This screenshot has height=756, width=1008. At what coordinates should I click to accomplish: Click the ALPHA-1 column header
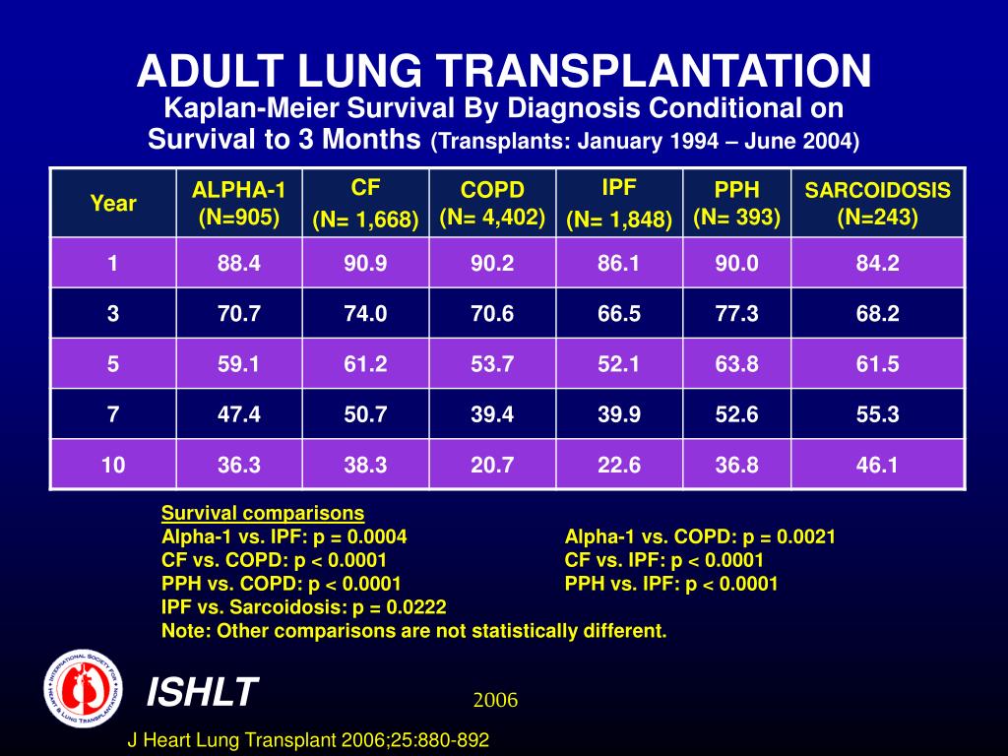pyautogui.click(x=239, y=204)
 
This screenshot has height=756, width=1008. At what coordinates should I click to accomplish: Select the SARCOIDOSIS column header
pyautogui.click(x=878, y=204)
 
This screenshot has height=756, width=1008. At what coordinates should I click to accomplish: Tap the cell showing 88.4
pyautogui.click(x=239, y=264)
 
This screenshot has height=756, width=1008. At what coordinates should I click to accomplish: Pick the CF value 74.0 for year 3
pyautogui.click(x=365, y=314)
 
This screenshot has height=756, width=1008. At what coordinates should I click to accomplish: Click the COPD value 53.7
pyautogui.click(x=492, y=364)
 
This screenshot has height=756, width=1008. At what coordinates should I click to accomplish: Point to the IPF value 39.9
pyautogui.click(x=619, y=414)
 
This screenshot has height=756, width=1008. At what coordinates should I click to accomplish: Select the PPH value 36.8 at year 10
pyautogui.click(x=737, y=465)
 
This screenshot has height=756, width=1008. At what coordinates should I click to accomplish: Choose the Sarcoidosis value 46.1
pyautogui.click(x=878, y=465)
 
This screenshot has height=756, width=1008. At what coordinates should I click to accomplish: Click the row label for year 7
pyautogui.click(x=113, y=414)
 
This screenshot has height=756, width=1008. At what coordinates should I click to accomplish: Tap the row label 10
pyautogui.click(x=113, y=465)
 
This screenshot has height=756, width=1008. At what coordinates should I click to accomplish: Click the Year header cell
pyautogui.click(x=113, y=204)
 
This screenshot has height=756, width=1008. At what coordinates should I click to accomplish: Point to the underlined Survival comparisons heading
pyautogui.click(x=263, y=513)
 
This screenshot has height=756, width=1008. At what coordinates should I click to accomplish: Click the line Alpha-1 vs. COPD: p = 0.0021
pyautogui.click(x=700, y=536)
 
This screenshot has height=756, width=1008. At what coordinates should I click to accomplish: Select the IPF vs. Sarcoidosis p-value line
pyautogui.click(x=304, y=607)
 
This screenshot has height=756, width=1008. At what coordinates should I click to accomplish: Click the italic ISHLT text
pyautogui.click(x=202, y=692)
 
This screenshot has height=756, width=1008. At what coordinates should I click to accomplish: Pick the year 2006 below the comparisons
pyautogui.click(x=495, y=700)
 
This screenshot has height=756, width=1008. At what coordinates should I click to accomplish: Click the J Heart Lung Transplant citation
pyautogui.click(x=309, y=740)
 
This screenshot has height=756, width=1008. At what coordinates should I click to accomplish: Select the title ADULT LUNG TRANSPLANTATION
pyautogui.click(x=504, y=70)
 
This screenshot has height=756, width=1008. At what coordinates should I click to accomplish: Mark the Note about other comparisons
pyautogui.click(x=413, y=631)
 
